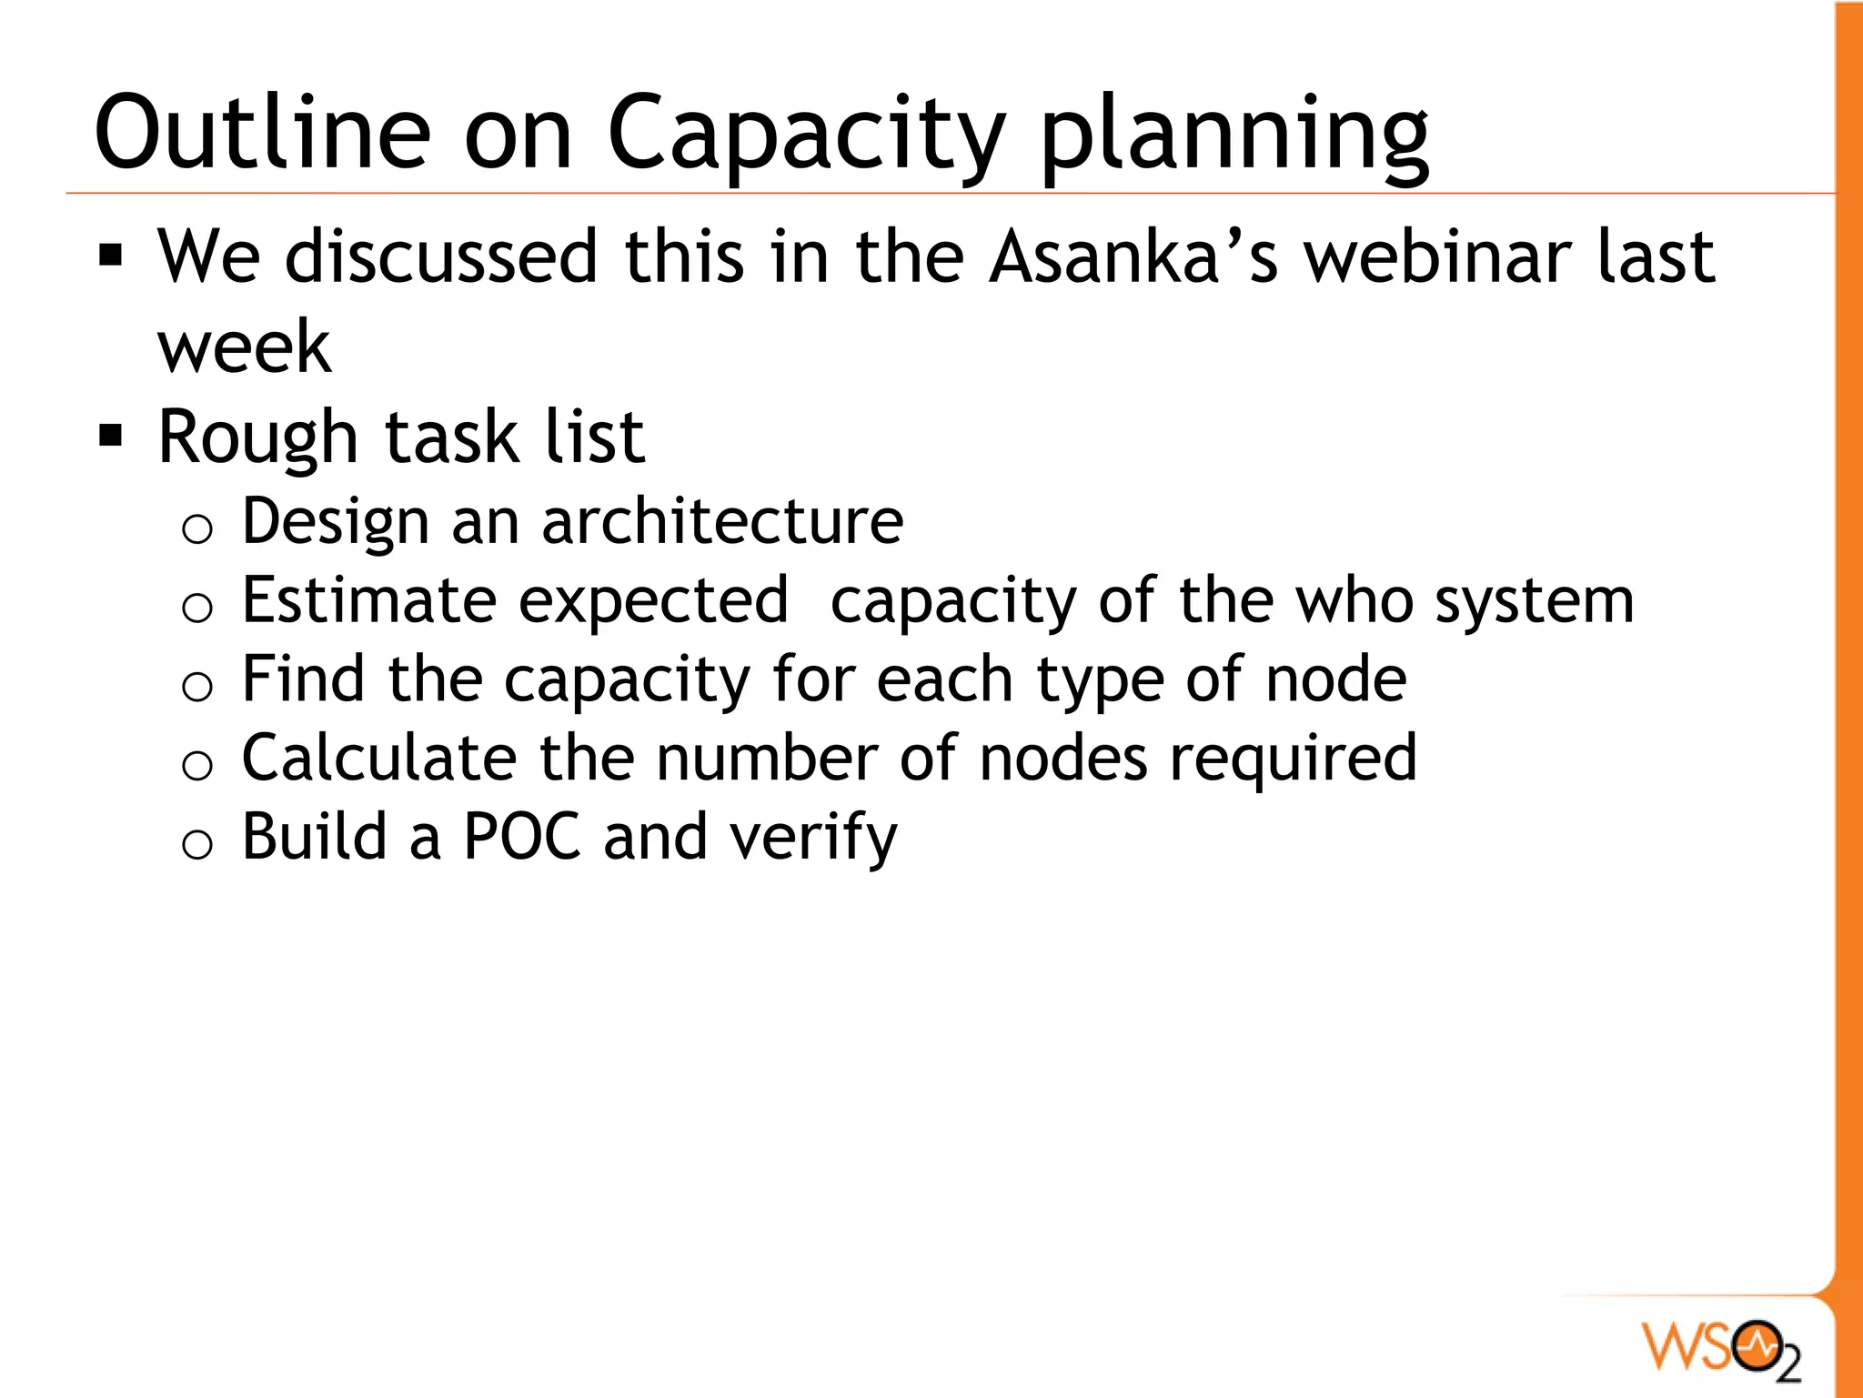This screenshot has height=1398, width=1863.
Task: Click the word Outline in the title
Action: [x=262, y=134]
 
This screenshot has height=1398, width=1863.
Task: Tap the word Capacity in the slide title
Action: [x=806, y=136]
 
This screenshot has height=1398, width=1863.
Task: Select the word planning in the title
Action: [x=1234, y=136]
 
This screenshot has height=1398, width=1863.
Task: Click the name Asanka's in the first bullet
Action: [x=1133, y=257]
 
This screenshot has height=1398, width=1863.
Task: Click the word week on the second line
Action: [x=244, y=347]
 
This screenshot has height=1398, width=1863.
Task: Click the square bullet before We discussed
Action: [x=111, y=256]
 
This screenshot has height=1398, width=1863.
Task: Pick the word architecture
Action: [x=722, y=522]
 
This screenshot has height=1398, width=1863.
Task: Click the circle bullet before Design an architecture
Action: [x=197, y=528]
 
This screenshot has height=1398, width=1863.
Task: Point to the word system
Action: [x=1534, y=602]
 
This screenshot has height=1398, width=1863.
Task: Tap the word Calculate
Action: [x=379, y=759]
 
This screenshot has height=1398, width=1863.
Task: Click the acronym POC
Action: [x=522, y=838]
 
